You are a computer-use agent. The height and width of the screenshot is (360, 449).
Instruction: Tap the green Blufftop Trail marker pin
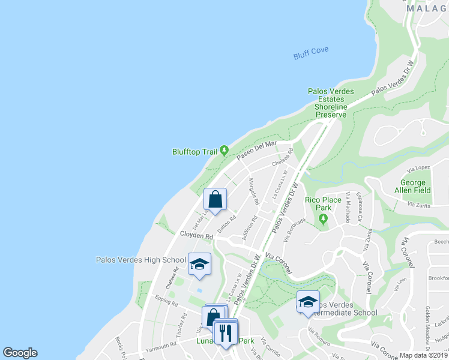click(224, 150)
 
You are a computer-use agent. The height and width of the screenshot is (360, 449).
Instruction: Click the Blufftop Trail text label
click(194, 152)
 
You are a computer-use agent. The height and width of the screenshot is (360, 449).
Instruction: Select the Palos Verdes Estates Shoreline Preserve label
click(331, 103)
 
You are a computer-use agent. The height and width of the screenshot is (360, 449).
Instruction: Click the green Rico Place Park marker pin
click(324, 219)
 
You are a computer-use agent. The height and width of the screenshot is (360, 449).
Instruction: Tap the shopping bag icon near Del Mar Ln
click(215, 199)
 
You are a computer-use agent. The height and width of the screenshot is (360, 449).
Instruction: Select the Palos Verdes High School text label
click(141, 260)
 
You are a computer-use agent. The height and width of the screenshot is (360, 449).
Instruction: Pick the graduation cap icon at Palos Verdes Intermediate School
click(308, 302)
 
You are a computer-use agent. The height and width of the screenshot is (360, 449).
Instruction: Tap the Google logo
click(20, 353)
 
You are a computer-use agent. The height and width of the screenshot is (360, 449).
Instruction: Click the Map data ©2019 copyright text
click(423, 355)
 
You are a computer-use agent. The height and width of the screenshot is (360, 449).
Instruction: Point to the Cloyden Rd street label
click(197, 236)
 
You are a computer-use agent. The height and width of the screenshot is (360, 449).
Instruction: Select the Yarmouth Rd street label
click(161, 345)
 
